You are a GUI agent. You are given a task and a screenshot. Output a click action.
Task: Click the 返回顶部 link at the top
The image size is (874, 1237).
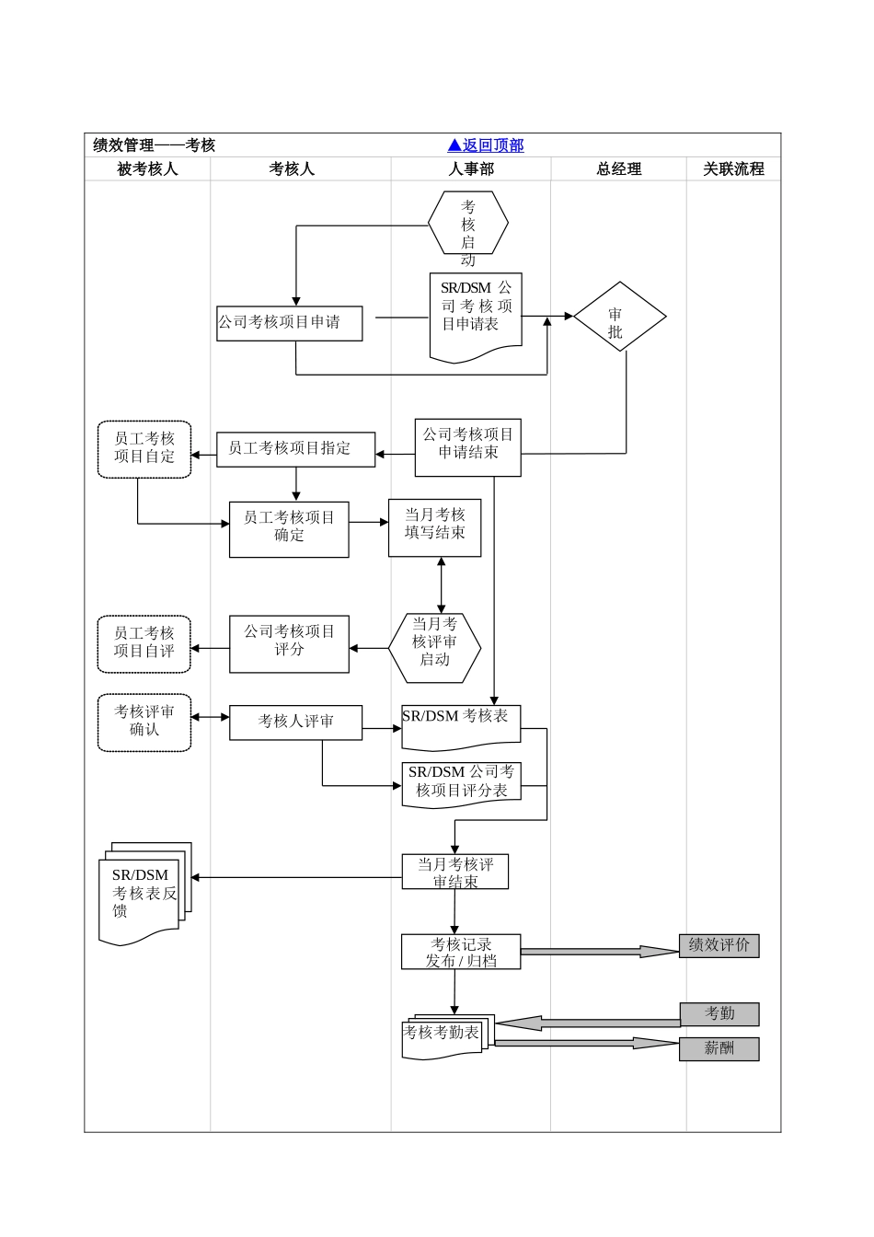485,145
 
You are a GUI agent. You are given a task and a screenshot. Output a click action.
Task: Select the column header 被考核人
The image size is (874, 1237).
147,169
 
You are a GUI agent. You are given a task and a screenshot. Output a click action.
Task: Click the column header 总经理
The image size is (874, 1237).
618,169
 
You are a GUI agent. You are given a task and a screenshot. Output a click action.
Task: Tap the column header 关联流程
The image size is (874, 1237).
733,169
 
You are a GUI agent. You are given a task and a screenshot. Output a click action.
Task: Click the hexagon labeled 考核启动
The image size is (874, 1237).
468,224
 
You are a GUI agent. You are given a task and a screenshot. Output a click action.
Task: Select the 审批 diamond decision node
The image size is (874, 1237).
618,317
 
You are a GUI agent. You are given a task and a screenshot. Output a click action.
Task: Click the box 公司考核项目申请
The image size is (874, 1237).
289,323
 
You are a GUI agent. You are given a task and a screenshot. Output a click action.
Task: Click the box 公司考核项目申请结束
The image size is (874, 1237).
467,448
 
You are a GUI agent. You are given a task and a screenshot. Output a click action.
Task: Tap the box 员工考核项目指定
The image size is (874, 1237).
295,449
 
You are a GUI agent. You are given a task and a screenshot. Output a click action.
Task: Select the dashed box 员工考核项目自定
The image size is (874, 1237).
144,449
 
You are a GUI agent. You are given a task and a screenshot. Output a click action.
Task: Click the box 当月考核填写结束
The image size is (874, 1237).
434,527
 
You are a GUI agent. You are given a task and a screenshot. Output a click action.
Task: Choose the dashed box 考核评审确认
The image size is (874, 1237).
144,723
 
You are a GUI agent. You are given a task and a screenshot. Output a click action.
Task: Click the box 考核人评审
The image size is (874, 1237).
295,723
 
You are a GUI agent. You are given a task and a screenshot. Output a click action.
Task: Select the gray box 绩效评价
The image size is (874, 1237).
719,945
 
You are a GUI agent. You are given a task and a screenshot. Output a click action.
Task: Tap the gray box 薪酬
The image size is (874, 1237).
719,1049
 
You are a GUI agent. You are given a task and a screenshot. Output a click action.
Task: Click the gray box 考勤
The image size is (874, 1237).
719,1014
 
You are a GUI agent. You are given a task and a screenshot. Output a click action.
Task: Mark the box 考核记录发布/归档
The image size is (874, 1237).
461,952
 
